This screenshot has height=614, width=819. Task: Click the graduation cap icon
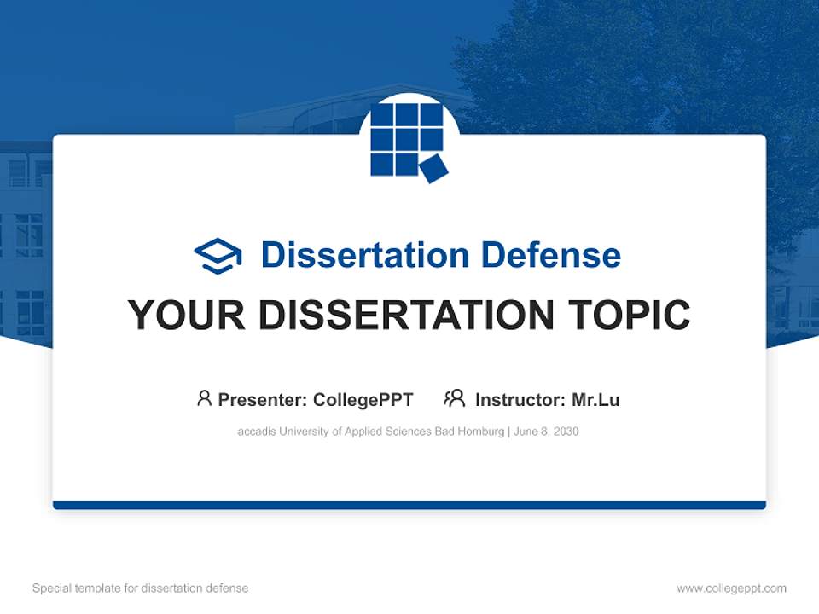(x=218, y=256)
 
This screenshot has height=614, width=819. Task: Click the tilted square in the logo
(x=433, y=168)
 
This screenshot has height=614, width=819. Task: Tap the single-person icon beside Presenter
(x=204, y=398)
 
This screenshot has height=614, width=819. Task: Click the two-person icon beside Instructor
(x=454, y=398)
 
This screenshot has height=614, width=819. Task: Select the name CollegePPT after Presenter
(x=363, y=400)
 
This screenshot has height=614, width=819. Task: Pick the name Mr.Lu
(x=595, y=400)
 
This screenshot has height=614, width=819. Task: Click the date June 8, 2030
(x=546, y=432)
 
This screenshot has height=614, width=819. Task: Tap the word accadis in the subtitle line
(x=256, y=432)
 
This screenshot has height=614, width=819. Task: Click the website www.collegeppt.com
(x=731, y=588)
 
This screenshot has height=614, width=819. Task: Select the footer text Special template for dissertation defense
(x=140, y=588)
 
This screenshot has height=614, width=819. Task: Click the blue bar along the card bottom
(x=409, y=505)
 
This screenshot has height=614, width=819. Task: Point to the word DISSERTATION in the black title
(x=400, y=316)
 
